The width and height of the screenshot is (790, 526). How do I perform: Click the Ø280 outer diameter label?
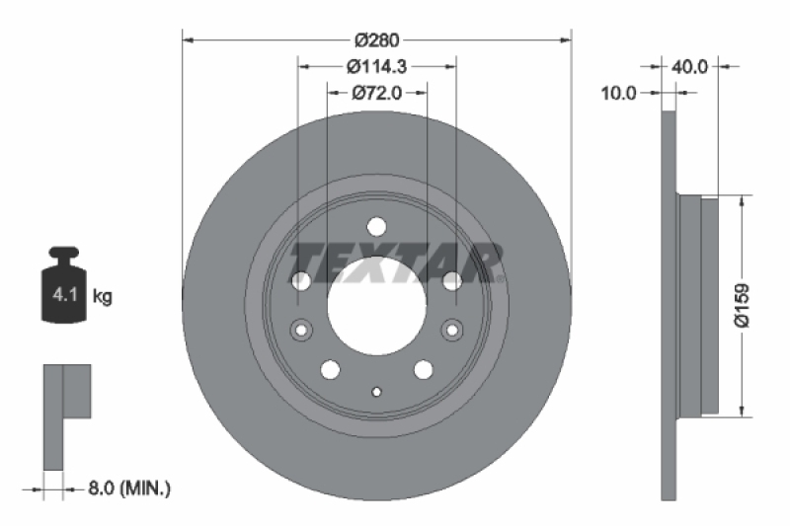click(x=376, y=39)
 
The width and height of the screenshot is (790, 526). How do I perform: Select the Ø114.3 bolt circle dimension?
click(x=376, y=67)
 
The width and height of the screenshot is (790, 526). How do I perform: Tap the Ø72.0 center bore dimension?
click(x=376, y=93)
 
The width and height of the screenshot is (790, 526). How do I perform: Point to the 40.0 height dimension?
click(x=689, y=67)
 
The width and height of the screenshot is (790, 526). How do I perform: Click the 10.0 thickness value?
click(x=618, y=93)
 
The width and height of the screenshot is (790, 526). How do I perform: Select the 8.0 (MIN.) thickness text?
click(x=129, y=487)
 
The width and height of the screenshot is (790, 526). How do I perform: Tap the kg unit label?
click(x=101, y=295)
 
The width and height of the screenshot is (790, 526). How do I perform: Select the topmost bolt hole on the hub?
click(x=376, y=226)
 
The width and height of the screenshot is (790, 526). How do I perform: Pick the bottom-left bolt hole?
click(x=330, y=369)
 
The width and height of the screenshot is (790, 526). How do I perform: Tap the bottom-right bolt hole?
click(x=424, y=369)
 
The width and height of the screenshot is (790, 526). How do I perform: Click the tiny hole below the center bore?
click(x=376, y=392)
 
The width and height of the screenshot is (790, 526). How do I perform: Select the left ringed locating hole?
click(x=300, y=329)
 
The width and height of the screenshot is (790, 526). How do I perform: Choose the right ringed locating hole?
click(x=452, y=329)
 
